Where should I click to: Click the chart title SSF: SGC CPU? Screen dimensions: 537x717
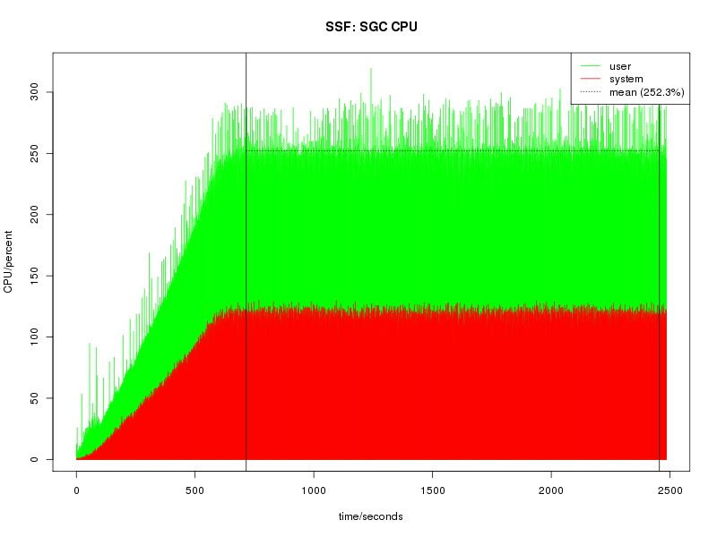371,27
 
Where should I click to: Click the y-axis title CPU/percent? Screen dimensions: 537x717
9,257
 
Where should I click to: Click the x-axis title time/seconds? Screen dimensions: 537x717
370,516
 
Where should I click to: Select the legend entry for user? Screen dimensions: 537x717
620,66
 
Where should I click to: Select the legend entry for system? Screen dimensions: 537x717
625,79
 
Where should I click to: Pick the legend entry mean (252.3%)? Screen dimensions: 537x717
646,91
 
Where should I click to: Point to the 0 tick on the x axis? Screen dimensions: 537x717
77,490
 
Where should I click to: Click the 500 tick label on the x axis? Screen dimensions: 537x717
195,490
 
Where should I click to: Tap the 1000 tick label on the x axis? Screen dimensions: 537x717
314,490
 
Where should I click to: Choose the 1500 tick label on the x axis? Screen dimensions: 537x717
433,490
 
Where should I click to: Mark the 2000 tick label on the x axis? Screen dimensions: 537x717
551,490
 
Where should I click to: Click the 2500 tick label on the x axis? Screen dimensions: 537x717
669,490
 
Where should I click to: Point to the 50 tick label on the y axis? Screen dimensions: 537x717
33,398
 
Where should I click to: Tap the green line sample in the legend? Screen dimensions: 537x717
590,66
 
